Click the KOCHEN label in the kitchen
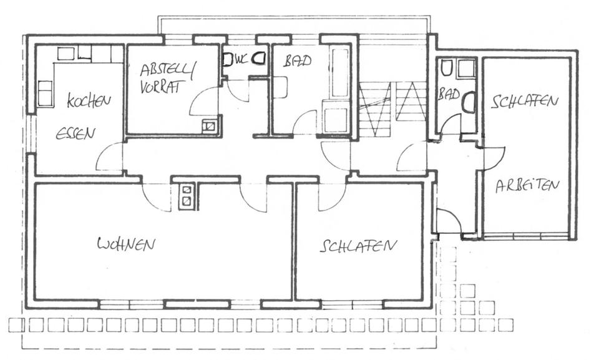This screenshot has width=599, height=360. pyautogui.click(x=89, y=100)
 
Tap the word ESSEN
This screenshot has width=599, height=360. pyautogui.click(x=75, y=133)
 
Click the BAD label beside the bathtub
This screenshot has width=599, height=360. pyautogui.click(x=298, y=62)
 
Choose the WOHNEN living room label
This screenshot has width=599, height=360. pyautogui.click(x=125, y=244)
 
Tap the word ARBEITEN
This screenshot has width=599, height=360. pyautogui.click(x=527, y=186)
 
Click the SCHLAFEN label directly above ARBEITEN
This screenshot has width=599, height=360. pyautogui.click(x=524, y=102)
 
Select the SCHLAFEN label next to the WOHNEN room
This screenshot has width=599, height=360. pyautogui.click(x=358, y=245)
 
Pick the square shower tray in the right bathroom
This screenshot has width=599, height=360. pyautogui.click(x=465, y=68)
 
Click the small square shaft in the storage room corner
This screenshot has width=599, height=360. pyautogui.click(x=210, y=126)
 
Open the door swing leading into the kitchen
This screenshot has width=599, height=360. pyautogui.click(x=109, y=157)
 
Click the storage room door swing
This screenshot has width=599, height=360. pyautogui.click(x=205, y=101)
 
